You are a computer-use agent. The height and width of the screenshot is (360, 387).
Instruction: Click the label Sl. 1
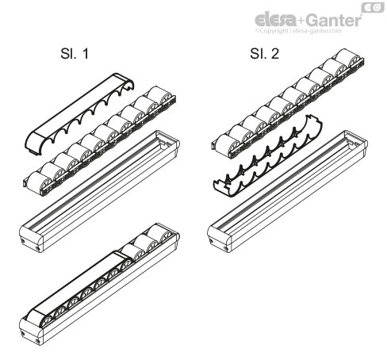(67, 58)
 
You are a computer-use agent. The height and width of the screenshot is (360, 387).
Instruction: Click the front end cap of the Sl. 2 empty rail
(217, 238)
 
